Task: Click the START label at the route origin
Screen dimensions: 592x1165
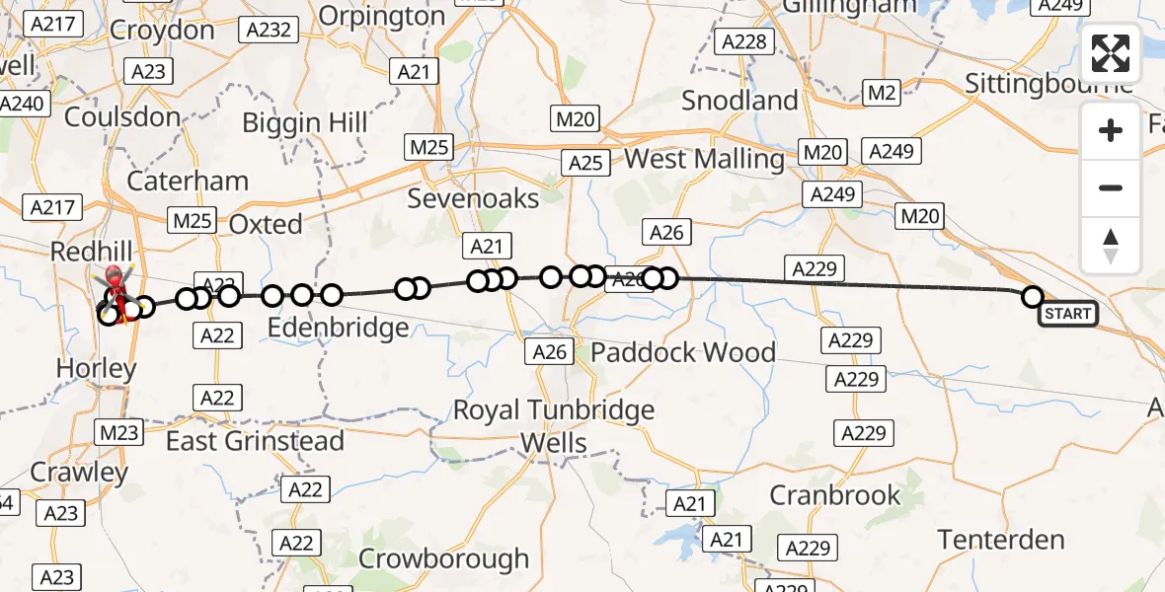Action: coord(1067,314)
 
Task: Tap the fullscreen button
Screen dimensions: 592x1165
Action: coord(1111,53)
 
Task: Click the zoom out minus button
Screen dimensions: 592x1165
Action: coord(1111,187)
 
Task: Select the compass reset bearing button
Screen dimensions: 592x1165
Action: coord(1111,246)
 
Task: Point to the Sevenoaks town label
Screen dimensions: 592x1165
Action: coord(474,198)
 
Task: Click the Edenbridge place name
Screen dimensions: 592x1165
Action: coord(340,328)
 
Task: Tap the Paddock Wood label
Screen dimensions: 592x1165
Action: coord(682,352)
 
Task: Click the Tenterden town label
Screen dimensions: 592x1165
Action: coord(1001,540)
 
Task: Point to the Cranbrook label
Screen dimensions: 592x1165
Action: coord(834,494)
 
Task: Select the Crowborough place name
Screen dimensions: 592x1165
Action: coord(443,558)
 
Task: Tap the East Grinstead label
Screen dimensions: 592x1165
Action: coord(255,440)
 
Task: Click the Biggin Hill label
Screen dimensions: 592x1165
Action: coord(306,123)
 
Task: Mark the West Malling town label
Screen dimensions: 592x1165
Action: coord(705,159)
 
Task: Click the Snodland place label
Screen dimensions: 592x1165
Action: coord(739,101)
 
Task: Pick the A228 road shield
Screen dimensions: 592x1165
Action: coord(744,41)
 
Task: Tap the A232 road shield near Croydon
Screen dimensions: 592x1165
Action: coord(269,30)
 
